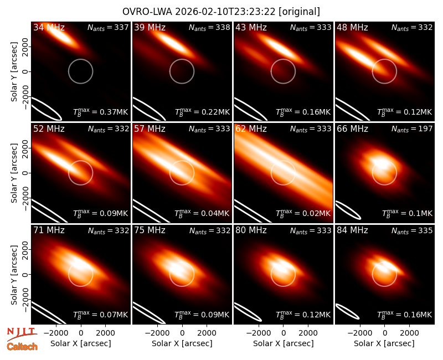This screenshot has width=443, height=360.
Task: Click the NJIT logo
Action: (x=22, y=334)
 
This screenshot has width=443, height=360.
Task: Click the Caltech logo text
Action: (x=22, y=347)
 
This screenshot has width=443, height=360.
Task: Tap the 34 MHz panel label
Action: (x=49, y=27)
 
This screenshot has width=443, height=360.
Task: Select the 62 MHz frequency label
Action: (x=251, y=129)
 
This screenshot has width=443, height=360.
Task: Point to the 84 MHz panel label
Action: (x=352, y=230)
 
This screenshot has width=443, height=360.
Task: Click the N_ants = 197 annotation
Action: (x=412, y=129)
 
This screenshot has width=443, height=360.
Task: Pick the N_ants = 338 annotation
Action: (x=209, y=27)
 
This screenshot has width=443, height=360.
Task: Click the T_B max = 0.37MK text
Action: (x=101, y=112)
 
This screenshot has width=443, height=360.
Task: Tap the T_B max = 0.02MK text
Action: (x=303, y=213)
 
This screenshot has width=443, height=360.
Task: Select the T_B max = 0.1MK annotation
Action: (x=407, y=213)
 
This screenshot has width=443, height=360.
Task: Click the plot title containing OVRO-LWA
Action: (x=221, y=12)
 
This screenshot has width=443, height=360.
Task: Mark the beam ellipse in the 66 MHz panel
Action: (x=348, y=210)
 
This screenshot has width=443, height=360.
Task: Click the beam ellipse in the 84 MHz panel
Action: (x=347, y=311)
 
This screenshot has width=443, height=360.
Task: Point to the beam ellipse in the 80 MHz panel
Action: (x=248, y=312)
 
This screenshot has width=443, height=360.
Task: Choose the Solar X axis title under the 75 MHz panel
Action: (x=182, y=343)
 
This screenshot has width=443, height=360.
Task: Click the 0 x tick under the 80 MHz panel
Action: (x=284, y=333)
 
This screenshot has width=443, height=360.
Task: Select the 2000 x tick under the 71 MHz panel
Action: (x=105, y=333)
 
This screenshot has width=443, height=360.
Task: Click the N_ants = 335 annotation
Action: (x=412, y=230)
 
